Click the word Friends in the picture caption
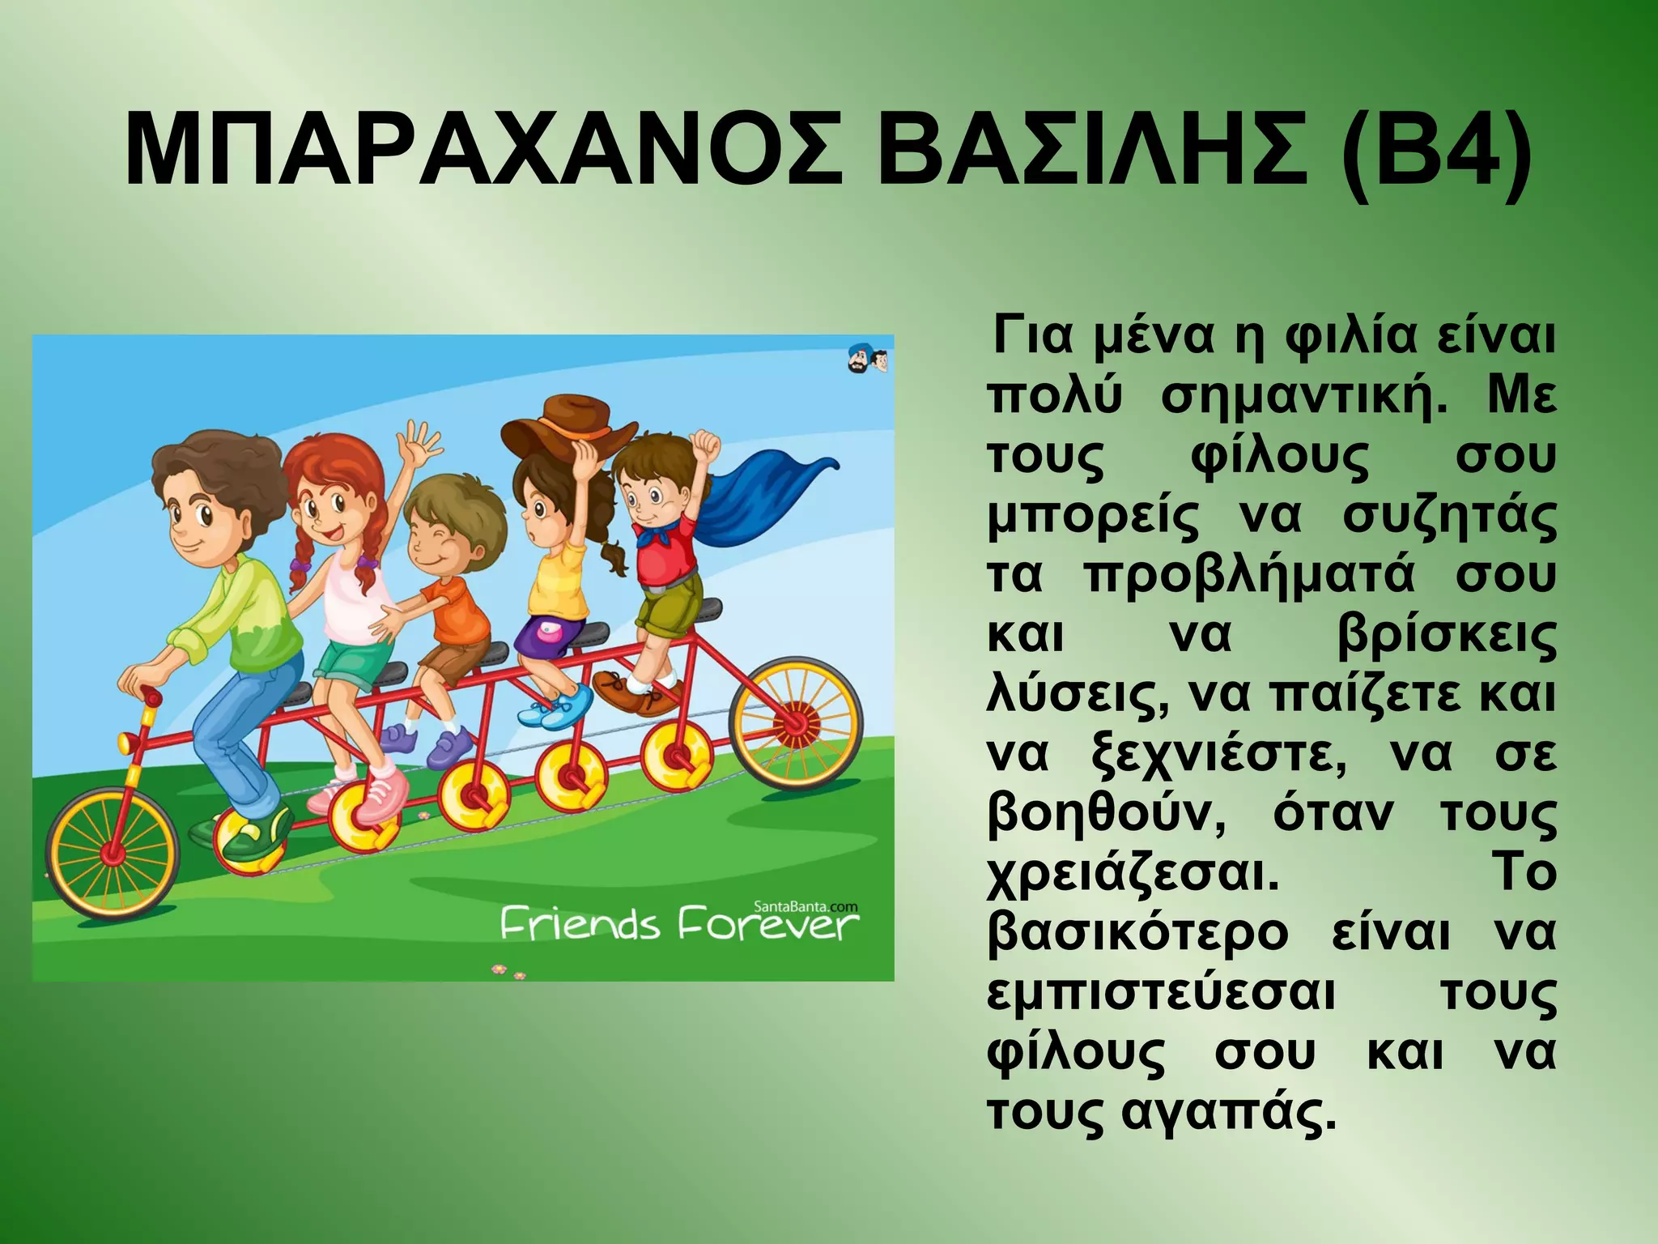pyautogui.click(x=580, y=925)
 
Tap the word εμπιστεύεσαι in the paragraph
pyautogui.click(x=1161, y=994)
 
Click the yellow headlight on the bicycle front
pyautogui.click(x=127, y=740)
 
